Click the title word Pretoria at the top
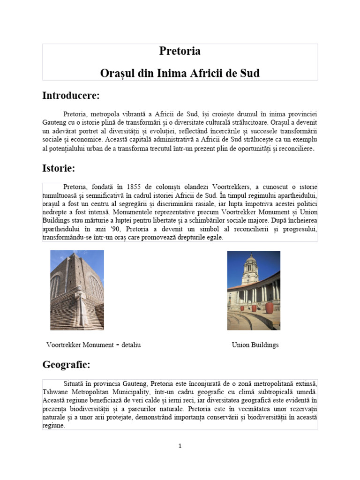point(180,51)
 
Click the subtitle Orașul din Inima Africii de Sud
point(180,74)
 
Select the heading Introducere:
point(71,96)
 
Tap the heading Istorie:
point(59,167)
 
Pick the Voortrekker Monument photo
point(77,290)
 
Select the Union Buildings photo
point(254,290)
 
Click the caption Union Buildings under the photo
point(255,345)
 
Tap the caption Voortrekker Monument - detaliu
point(94,345)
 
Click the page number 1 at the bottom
point(180,446)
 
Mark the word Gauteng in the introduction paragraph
point(55,122)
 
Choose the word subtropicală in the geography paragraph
point(270,391)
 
